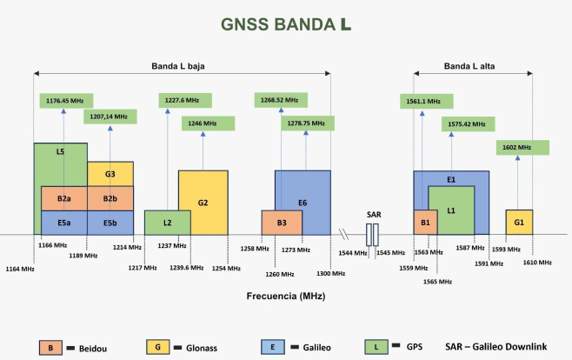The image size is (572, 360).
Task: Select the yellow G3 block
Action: click(110, 174)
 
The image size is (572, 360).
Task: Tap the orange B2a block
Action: click(63, 199)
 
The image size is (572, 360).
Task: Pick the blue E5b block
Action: click(110, 223)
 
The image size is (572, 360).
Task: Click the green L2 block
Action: click(167, 223)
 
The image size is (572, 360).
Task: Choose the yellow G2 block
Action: click(203, 202)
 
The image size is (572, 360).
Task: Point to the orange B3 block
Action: click(282, 223)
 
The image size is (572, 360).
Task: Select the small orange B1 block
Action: click(425, 223)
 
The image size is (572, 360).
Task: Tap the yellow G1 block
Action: click(519, 223)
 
